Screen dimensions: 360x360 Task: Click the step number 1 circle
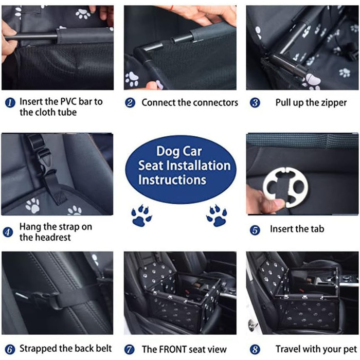click(x=10, y=102)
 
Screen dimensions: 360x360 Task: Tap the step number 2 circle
click(x=130, y=103)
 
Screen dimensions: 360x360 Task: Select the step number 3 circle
click(x=255, y=103)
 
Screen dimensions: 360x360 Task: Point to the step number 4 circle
click(x=8, y=232)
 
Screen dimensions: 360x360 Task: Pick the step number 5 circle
click(x=255, y=230)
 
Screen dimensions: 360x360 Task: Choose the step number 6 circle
click(x=10, y=349)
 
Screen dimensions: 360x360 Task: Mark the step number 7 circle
click(x=130, y=350)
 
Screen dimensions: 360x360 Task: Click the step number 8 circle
click(x=255, y=350)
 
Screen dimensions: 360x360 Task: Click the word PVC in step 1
click(x=68, y=101)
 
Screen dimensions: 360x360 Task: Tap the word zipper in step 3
click(x=334, y=103)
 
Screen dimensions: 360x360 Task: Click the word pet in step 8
click(x=350, y=350)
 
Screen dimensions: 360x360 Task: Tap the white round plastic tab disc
click(x=285, y=187)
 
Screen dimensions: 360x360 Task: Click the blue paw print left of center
click(x=141, y=215)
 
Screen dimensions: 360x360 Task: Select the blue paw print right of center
click(x=217, y=215)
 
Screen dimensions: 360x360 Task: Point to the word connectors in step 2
click(x=214, y=103)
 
